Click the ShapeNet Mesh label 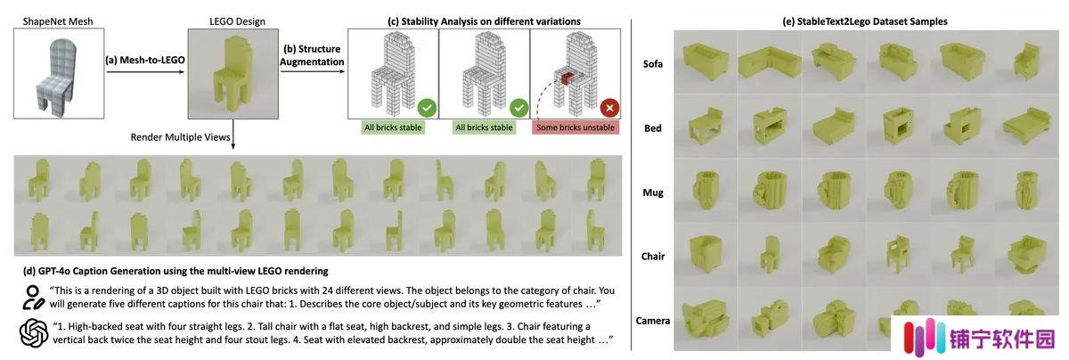point(58,21)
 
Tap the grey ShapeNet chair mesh point(56,78)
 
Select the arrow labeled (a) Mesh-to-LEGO point(145,72)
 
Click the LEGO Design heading point(237,21)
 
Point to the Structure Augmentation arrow point(312,71)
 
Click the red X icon point(609,108)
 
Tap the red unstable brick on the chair point(567,78)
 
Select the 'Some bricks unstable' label point(575,127)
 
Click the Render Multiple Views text point(180,137)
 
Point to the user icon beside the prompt point(32,298)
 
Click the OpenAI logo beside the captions point(34,332)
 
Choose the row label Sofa point(652,64)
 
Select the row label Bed point(653,128)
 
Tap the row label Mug point(653,192)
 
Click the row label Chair point(653,257)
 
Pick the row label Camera point(653,321)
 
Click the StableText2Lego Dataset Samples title point(865,21)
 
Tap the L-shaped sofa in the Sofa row point(770,62)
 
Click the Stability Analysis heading point(484,21)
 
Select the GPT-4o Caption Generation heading point(175,271)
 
